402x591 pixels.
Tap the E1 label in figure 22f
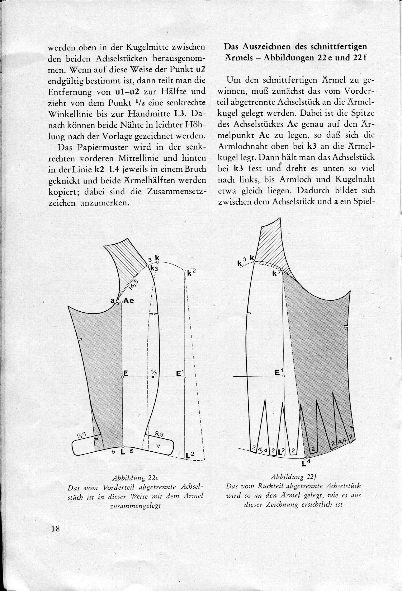(279, 372)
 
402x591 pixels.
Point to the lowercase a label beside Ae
(112, 300)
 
